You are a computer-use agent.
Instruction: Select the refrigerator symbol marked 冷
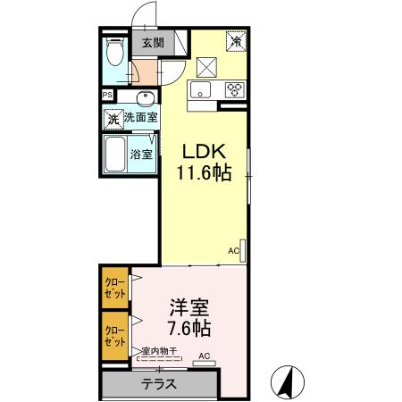237,40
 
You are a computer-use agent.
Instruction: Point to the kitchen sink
199,88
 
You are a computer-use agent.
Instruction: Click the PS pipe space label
107,96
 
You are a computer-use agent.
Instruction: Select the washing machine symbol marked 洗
113,118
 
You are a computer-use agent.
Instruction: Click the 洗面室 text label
140,117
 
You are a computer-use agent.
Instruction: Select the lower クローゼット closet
114,334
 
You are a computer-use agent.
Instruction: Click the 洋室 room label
188,309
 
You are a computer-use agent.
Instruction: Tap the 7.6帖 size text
188,329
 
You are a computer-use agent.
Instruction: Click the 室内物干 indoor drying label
160,352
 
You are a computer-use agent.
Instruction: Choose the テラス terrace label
159,385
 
